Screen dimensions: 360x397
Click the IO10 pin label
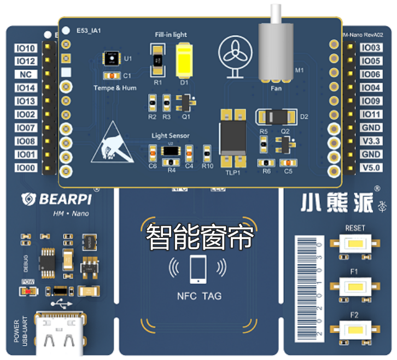26,48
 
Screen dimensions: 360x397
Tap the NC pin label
26,74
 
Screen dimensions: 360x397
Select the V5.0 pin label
371,168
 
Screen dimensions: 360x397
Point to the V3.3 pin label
371,141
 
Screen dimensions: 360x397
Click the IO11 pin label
371,114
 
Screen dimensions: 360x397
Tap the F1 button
354,286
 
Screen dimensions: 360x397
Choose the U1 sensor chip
112,58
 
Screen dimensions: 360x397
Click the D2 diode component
277,117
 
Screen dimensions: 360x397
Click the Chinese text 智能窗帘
200,238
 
